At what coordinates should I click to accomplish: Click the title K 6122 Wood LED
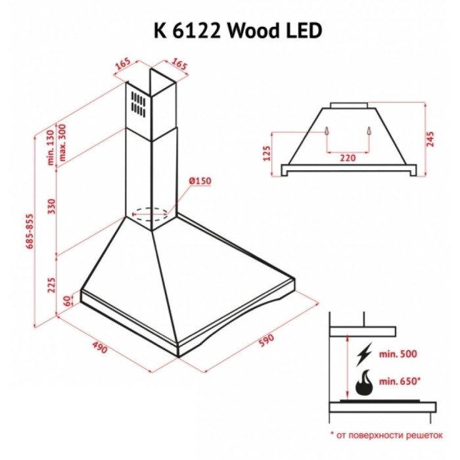click(x=238, y=30)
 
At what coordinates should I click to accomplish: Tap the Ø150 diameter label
click(x=200, y=181)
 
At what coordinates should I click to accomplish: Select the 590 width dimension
click(x=266, y=340)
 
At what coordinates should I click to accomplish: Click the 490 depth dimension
click(x=100, y=347)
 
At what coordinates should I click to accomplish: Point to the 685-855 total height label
click(x=30, y=231)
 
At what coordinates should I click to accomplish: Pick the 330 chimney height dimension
click(x=52, y=206)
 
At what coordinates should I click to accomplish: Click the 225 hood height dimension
click(x=52, y=285)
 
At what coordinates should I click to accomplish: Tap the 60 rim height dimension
click(x=68, y=301)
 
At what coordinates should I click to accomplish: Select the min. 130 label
click(x=51, y=148)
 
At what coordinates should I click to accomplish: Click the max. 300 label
click(x=62, y=143)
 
